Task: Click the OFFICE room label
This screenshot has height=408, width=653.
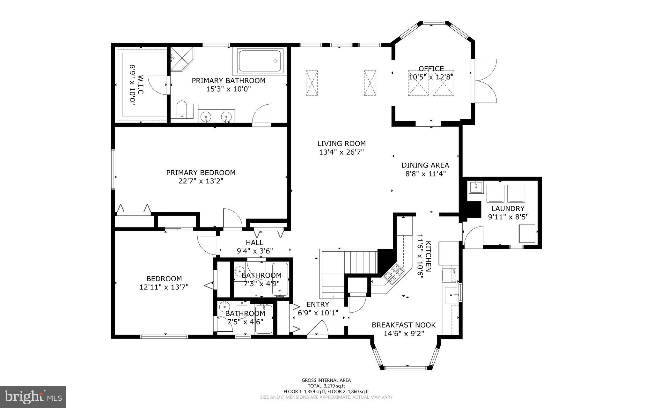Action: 431,69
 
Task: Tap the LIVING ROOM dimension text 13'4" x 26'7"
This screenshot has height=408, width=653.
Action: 341,152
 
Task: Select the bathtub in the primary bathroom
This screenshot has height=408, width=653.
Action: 260,61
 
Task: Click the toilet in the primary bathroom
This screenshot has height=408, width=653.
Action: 182,109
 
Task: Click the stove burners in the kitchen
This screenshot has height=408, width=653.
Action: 394,274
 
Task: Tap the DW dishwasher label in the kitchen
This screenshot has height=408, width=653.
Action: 454,271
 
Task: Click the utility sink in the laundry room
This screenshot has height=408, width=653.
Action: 476,187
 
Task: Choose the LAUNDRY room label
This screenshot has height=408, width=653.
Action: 508,209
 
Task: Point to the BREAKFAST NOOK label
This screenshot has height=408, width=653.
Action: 403,325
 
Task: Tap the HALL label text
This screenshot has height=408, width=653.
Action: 254,243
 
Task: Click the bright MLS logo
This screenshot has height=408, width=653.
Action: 33,397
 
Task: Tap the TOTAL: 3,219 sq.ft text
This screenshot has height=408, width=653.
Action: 326,386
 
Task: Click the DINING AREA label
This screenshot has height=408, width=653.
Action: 425,165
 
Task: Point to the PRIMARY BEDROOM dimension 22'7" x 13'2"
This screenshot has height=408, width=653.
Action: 201,181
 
